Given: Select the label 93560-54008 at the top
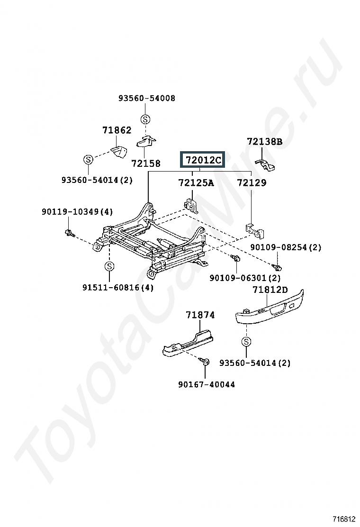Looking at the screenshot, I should coord(146,98).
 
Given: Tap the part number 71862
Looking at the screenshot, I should coord(117,130).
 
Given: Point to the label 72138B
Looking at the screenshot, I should coord(264,141).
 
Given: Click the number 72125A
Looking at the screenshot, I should coord(196,182).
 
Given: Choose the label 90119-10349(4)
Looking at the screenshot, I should coord(77,212).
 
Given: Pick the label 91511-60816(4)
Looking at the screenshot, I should coord(118,287).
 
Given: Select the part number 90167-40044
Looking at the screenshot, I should coord(207,384).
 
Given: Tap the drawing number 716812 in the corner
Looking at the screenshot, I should coord(344,519).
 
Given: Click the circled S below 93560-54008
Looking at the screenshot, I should coord(145,119).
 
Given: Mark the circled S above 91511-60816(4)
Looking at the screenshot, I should coord(109,266).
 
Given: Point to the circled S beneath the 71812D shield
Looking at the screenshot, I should coord(247,341).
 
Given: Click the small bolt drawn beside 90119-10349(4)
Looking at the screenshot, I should coord(69,232).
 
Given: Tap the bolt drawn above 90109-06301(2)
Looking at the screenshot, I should coord(236,258).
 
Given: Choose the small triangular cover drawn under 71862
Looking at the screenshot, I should coord(119,152).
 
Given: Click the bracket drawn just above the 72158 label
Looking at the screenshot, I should coord(146,141).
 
